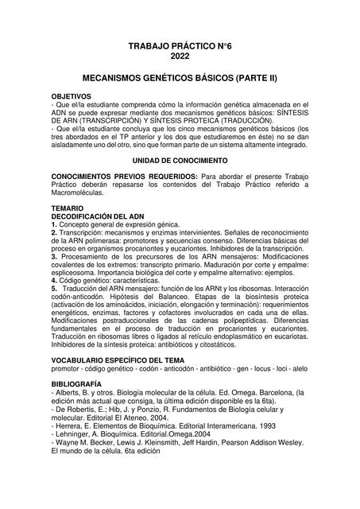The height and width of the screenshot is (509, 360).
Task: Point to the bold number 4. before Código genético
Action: tap(53, 280)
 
